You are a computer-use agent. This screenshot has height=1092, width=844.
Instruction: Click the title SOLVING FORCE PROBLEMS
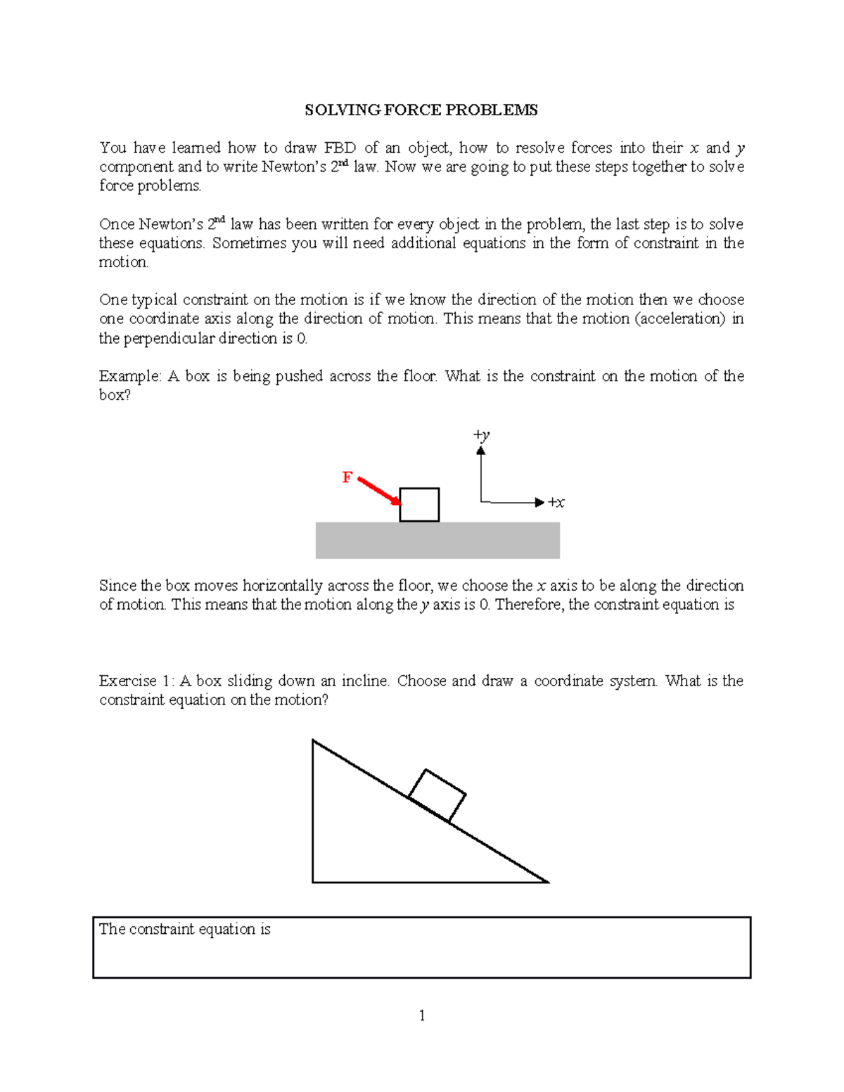pyautogui.click(x=421, y=110)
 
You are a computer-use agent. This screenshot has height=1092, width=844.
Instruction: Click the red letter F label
pyautogui.click(x=347, y=478)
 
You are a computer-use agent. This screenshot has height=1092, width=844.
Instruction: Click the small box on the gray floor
pyautogui.click(x=419, y=505)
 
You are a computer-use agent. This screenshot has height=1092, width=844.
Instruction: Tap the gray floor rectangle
pyautogui.click(x=437, y=541)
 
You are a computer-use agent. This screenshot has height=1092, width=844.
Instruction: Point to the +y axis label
pyautogui.click(x=482, y=435)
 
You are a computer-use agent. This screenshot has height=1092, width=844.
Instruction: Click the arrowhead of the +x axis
pyautogui.click(x=539, y=502)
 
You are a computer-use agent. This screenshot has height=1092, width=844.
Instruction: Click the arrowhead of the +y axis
pyautogui.click(x=481, y=451)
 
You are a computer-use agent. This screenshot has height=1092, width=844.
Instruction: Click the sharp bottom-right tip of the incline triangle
pyautogui.click(x=546, y=881)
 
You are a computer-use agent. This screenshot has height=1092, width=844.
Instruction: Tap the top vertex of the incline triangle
pyautogui.click(x=314, y=741)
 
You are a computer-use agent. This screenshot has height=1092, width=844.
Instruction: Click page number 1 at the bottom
pyautogui.click(x=422, y=1015)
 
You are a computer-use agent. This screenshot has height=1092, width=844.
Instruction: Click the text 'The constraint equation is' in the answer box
pyautogui.click(x=184, y=929)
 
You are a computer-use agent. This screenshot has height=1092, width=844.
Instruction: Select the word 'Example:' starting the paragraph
pyautogui.click(x=130, y=376)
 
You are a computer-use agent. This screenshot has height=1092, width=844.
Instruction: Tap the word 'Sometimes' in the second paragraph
pyautogui.click(x=245, y=243)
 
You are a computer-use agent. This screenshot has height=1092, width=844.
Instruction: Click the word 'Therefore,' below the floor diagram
pyautogui.click(x=530, y=605)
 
